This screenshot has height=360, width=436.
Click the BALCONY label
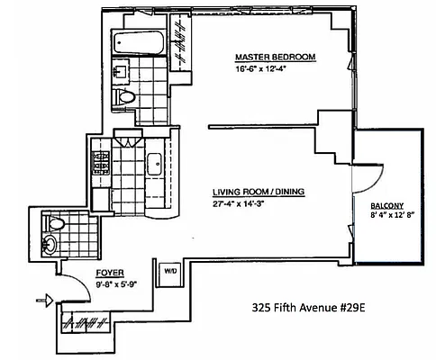point(387,205)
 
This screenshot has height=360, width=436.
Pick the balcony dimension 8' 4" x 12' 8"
point(388,216)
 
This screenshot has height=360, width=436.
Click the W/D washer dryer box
point(168,270)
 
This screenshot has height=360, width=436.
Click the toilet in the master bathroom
point(127,97)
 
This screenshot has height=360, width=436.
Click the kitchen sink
point(153,164)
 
